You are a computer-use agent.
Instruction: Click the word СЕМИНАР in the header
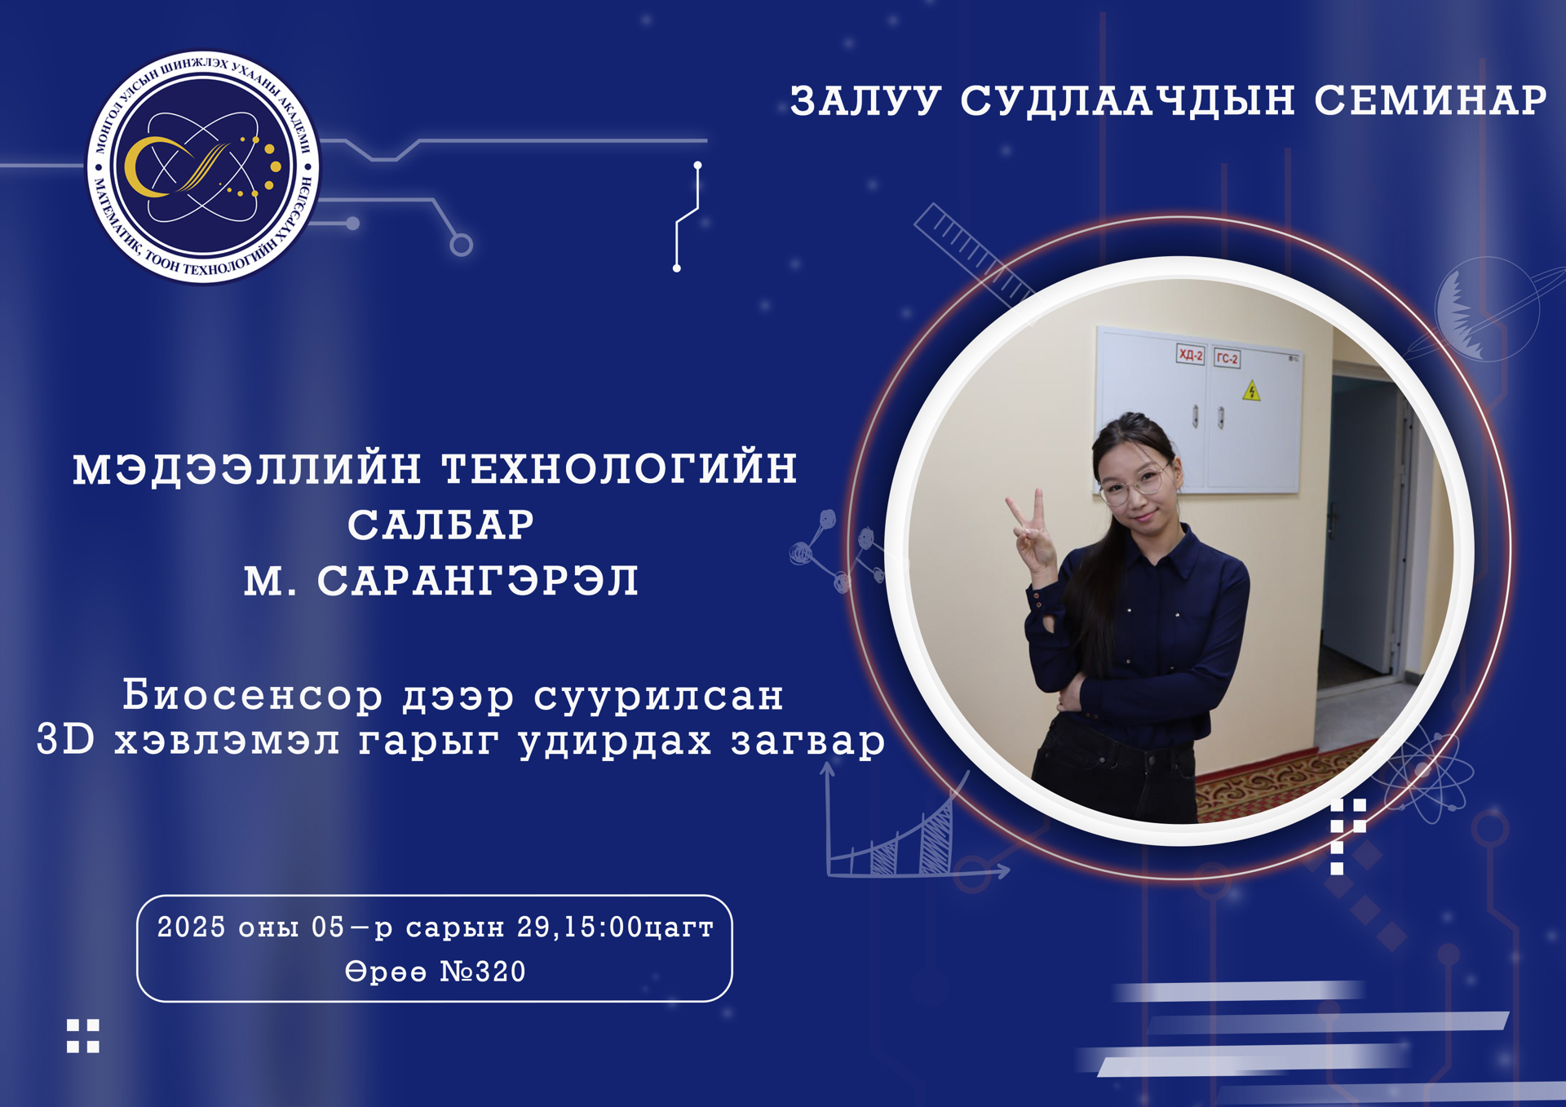[1430, 100]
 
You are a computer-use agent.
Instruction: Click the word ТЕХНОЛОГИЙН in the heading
[619, 469]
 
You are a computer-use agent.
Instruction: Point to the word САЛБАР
[440, 525]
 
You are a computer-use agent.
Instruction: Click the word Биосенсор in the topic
[253, 696]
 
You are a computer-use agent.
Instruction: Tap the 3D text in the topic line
[66, 740]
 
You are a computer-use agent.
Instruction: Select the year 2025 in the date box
[191, 928]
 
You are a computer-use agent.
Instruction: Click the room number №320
[483, 972]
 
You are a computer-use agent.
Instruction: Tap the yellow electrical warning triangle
[1251, 392]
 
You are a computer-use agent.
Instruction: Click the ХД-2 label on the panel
[1190, 354]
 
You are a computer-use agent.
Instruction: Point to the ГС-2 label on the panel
[1227, 357]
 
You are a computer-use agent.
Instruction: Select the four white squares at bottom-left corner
[82, 1036]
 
